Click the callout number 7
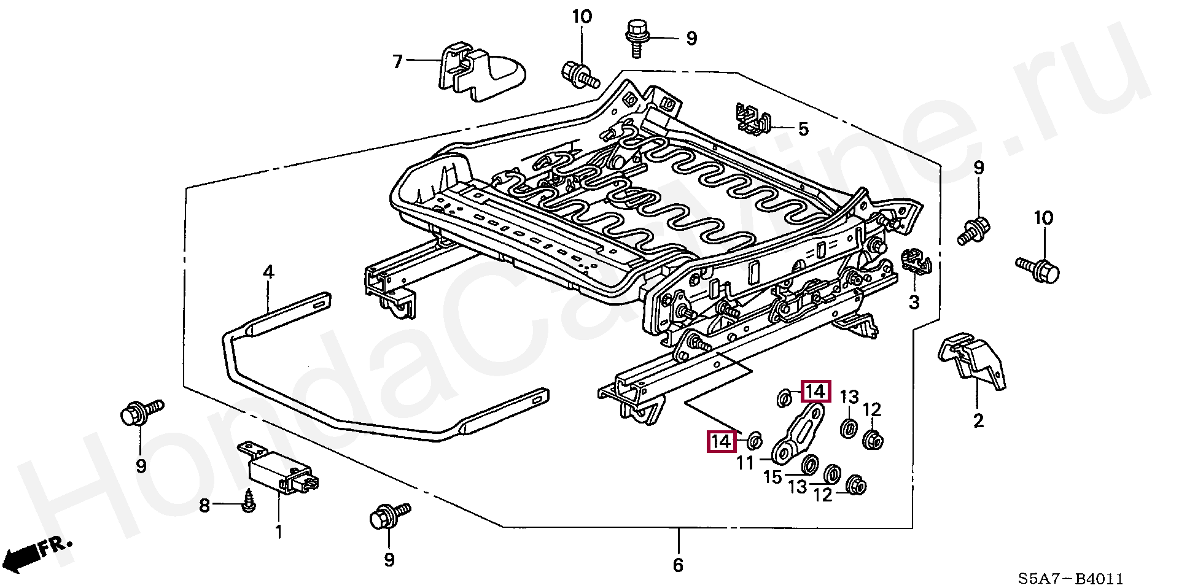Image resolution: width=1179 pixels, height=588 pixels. click(398, 61)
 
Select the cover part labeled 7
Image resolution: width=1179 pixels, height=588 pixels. click(479, 71)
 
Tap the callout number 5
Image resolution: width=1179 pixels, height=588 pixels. click(803, 130)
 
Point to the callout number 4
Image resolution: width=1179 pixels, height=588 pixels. click(268, 271)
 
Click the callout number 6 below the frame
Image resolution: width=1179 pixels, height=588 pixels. click(678, 565)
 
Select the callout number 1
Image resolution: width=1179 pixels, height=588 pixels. click(279, 531)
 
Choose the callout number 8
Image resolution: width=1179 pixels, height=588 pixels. click(204, 506)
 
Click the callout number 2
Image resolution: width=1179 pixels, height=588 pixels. click(978, 421)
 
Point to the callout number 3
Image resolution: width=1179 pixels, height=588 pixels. click(914, 302)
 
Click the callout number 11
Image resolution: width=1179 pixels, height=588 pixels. click(745, 462)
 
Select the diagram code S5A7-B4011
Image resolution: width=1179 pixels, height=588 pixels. click(1070, 578)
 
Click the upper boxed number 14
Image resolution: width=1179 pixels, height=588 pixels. click(815, 392)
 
